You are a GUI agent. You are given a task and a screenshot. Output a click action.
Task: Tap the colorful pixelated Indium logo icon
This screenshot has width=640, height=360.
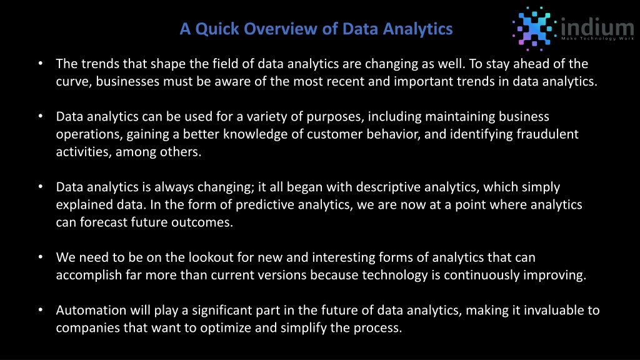[534, 29]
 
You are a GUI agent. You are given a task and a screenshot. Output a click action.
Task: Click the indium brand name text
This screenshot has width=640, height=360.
[597, 26]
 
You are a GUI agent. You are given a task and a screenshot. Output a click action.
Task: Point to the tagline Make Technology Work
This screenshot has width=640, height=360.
[597, 38]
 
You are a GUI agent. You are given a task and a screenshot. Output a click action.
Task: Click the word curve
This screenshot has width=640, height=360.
[74, 82]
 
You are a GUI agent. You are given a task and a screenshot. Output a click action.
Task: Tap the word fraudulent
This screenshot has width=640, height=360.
[547, 134]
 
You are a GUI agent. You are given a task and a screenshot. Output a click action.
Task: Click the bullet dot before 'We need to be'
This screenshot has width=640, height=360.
[41, 257]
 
